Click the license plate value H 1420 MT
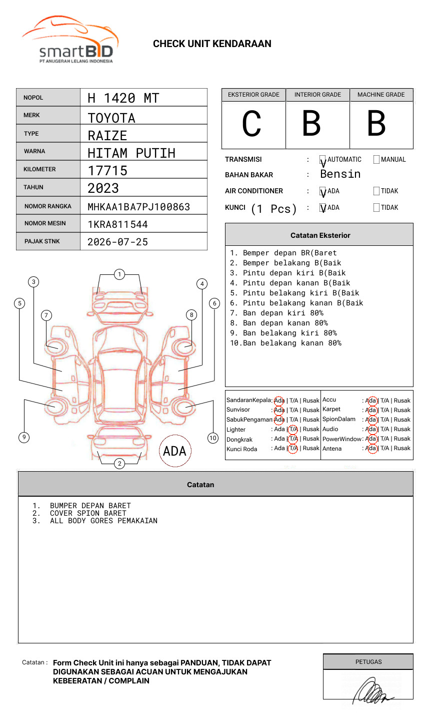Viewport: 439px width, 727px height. (x=123, y=98)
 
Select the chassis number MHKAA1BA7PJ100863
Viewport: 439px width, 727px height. (x=138, y=207)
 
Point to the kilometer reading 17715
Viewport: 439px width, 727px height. (x=107, y=171)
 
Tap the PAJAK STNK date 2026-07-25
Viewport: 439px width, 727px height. (x=117, y=242)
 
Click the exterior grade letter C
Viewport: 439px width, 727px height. (x=251, y=124)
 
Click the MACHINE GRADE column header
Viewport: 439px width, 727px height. (x=381, y=95)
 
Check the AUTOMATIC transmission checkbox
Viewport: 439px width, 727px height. (x=323, y=160)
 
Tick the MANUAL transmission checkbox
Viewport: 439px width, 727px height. (x=376, y=160)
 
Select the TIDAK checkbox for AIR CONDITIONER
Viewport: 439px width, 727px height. (x=376, y=191)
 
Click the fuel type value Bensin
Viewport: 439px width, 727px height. (x=340, y=174)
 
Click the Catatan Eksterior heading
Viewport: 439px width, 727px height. (x=320, y=235)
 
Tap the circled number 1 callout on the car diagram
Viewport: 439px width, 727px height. (x=119, y=274)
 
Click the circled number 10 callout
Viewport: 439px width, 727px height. (x=213, y=438)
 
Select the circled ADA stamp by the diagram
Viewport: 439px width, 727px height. (x=174, y=451)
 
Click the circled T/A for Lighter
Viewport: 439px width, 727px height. (x=293, y=430)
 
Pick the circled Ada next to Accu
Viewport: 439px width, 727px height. (x=371, y=401)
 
